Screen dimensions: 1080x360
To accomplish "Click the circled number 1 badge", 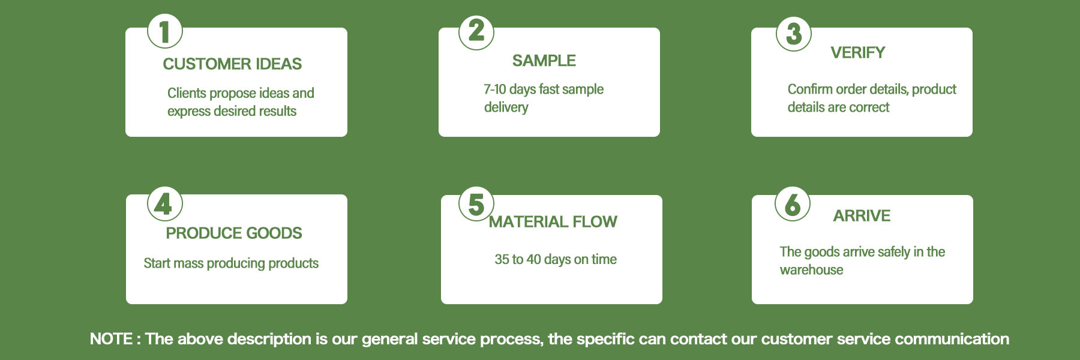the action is click(165, 31).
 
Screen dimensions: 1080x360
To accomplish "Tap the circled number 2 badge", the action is click(476, 31).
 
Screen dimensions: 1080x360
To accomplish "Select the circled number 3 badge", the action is click(794, 34).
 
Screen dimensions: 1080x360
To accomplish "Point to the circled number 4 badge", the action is click(165, 204).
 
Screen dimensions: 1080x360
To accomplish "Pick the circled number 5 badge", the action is click(476, 204).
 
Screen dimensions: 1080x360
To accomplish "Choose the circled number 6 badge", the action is click(793, 204).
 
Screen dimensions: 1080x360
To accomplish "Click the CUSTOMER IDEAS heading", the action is click(232, 64).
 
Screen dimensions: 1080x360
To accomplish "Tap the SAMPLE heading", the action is click(544, 61).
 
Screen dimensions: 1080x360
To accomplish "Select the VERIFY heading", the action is click(858, 53).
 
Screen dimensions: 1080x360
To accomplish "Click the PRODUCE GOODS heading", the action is click(234, 233).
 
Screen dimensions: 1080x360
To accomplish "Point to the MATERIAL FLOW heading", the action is click(553, 222).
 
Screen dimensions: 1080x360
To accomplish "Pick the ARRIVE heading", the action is click(862, 216).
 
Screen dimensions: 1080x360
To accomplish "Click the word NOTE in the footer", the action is click(111, 339).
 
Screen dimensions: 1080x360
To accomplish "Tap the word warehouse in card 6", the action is click(811, 270).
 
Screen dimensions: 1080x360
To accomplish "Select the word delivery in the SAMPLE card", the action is click(506, 107).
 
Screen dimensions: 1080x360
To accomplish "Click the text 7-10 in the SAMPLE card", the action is click(495, 89).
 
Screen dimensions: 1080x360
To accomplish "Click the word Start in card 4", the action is click(157, 263).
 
